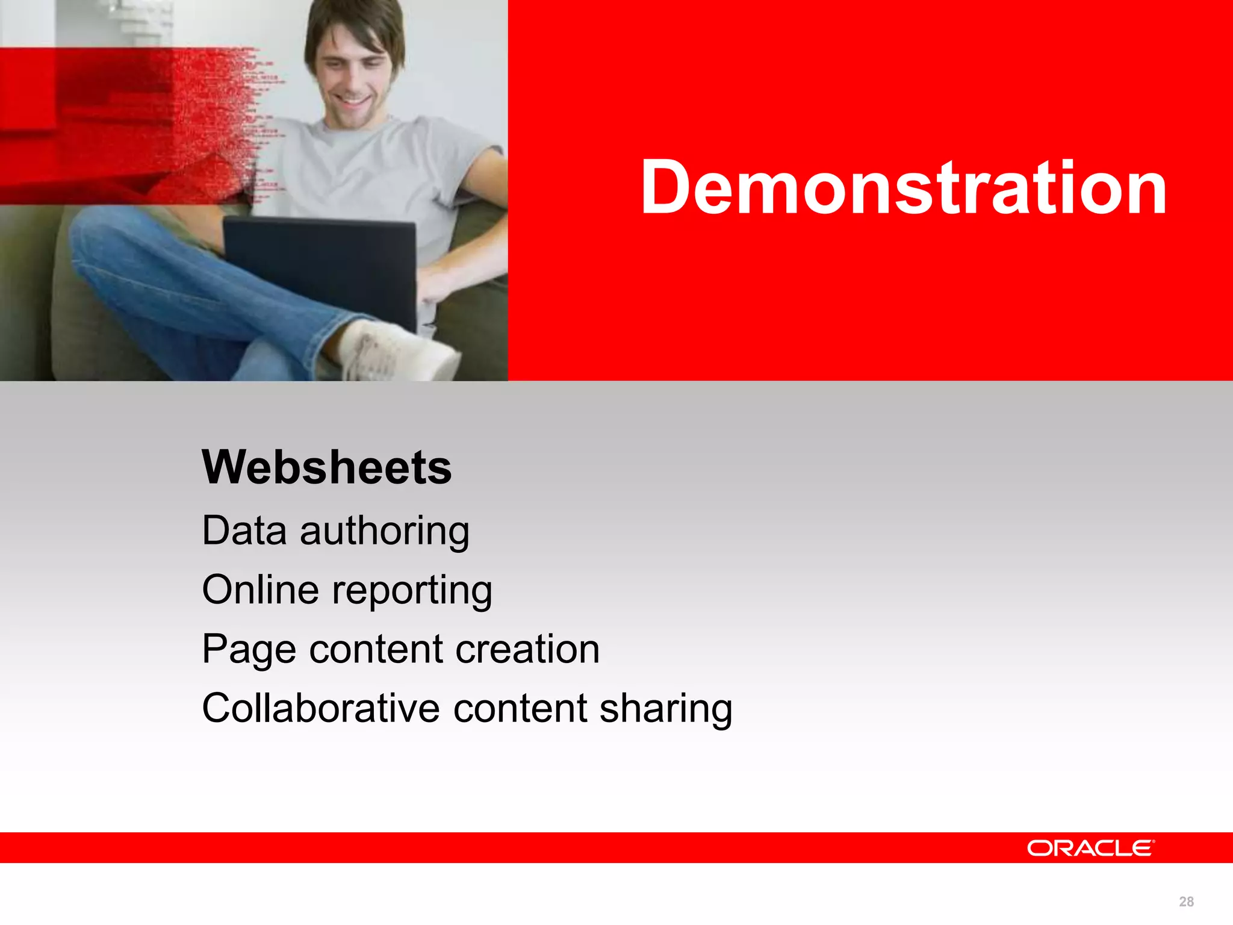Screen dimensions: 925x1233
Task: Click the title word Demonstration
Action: tap(903, 188)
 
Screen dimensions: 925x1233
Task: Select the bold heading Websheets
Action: tap(326, 467)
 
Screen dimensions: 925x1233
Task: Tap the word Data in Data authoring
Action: tap(244, 531)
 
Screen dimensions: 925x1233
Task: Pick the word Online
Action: tap(260, 590)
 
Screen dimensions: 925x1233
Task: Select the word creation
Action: tap(527, 649)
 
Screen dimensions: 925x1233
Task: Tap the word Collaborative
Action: tap(320, 708)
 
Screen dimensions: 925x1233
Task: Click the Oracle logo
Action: tap(1090, 848)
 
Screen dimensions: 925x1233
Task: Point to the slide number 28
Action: tap(1186, 902)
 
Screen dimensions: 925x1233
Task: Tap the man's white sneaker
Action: tap(397, 352)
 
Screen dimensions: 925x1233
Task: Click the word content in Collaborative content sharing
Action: tap(520, 708)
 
